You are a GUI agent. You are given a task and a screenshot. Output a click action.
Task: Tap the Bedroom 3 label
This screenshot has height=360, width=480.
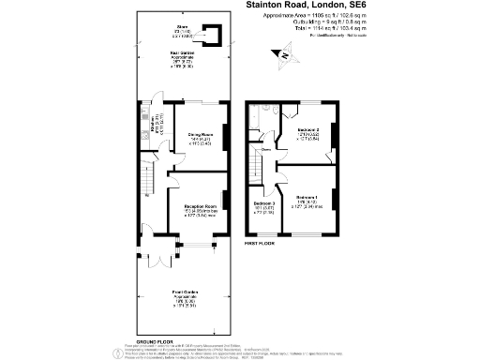pyautogui.click(x=262, y=203)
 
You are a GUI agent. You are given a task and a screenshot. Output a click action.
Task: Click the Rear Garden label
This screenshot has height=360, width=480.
pyautogui.click(x=182, y=54)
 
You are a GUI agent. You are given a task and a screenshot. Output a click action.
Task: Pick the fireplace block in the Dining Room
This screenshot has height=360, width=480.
pyautogui.click(x=226, y=138)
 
